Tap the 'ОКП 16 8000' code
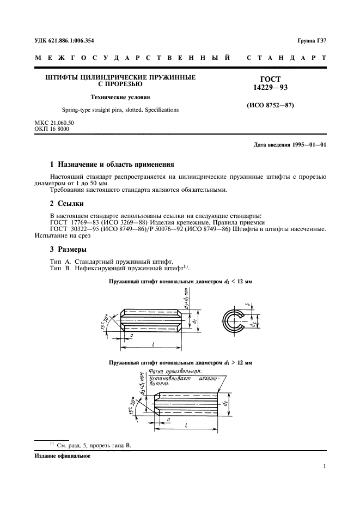point(52,129)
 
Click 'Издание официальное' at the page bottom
point(62,456)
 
